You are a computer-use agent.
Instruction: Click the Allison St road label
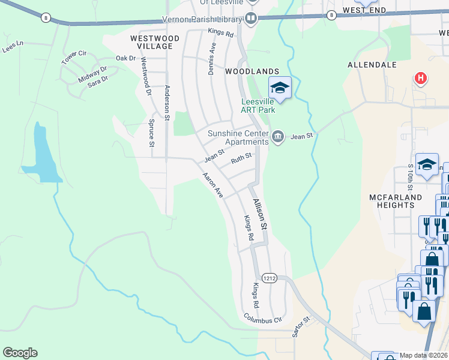point(259,215)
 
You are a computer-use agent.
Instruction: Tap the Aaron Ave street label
point(212,186)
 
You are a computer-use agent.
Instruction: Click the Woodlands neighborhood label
point(252,71)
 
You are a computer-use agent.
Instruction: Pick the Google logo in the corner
point(20,353)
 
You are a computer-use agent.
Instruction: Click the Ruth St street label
point(240,159)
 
